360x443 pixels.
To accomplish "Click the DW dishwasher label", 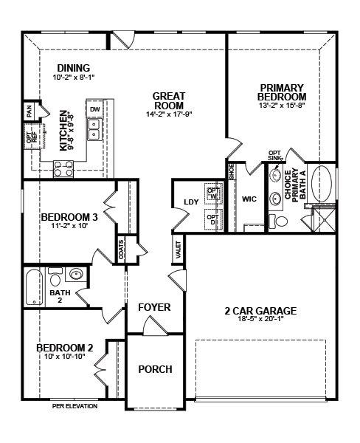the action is click(95, 109).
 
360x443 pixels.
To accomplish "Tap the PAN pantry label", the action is click(30, 111).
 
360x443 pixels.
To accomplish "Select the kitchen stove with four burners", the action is click(63, 169).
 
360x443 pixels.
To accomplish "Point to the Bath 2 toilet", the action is click(55, 277).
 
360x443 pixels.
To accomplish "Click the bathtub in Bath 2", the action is click(34, 287).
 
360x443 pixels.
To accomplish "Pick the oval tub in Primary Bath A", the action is click(322, 184).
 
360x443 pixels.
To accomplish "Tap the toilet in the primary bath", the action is click(278, 221).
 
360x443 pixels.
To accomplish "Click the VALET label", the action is click(179, 250).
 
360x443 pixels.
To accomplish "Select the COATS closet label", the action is click(121, 250).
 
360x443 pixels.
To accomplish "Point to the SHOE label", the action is click(232, 172).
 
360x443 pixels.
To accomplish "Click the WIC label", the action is click(249, 199).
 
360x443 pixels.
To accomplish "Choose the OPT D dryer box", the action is click(213, 219).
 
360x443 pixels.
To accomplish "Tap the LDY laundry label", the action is click(191, 202).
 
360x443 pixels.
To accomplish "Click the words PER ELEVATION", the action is click(75, 406).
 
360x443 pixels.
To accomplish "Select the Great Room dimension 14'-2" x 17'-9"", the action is click(169, 114).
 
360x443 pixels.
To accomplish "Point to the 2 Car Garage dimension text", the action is click(260, 319).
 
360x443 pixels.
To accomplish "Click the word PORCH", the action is click(156, 369).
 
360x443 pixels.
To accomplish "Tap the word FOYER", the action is click(154, 307).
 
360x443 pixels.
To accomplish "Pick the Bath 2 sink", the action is click(76, 274).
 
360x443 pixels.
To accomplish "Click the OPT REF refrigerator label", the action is click(32, 137).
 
